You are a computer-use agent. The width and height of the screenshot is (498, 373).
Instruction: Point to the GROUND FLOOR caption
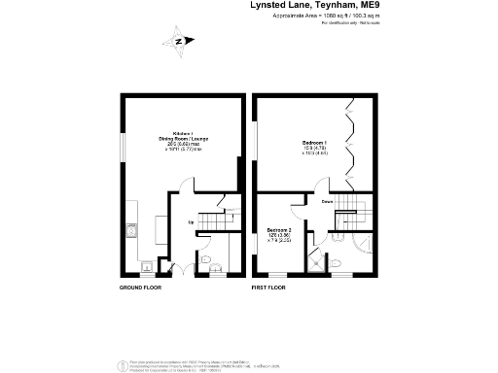[x=140, y=288]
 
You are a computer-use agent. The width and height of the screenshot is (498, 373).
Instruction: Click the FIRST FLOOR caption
[x=270, y=288]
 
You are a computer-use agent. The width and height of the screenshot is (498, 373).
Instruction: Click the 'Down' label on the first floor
[x=329, y=203]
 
